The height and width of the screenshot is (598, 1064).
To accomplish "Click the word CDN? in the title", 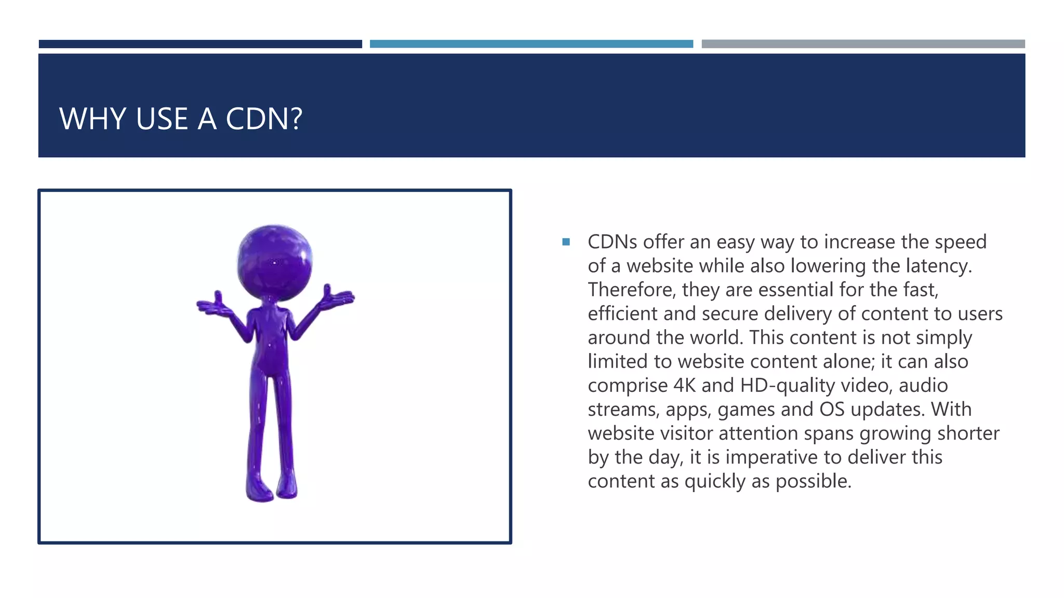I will [264, 119].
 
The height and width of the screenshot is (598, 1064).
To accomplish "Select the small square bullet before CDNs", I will [566, 242].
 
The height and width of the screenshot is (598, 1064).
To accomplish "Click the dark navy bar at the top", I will [200, 44].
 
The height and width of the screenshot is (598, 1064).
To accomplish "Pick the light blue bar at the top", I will [531, 44].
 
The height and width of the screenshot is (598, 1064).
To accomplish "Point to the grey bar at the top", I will [863, 44].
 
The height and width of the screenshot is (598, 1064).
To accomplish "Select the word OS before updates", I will [832, 410].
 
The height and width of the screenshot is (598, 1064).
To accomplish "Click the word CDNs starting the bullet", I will [612, 242].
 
